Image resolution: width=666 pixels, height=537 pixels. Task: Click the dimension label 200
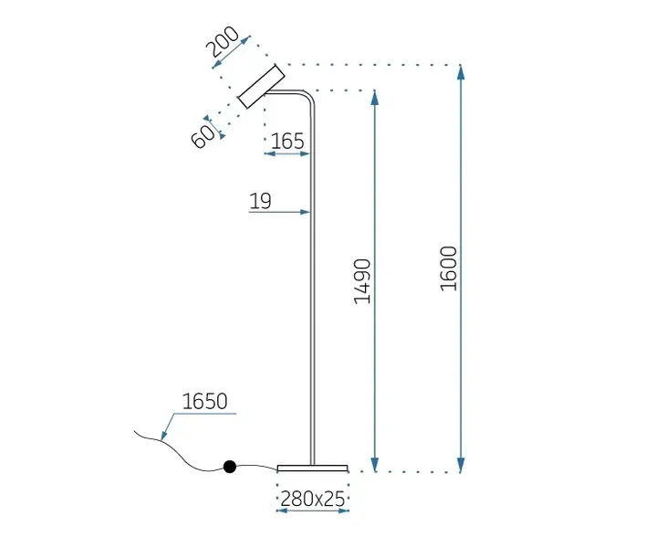[x=222, y=41]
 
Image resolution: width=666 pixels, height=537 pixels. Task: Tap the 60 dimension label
[x=203, y=136]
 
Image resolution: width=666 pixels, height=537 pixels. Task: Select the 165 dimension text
[x=287, y=142]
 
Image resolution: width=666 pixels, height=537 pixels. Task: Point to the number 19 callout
[x=260, y=201]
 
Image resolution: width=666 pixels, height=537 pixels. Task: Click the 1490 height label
[x=362, y=281]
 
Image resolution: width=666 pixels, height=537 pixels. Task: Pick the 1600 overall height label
[x=449, y=268]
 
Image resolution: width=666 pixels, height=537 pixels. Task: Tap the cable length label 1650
[x=204, y=401]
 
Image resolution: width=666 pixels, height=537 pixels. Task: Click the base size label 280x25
[x=313, y=499]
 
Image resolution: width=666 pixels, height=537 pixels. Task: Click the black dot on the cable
[x=230, y=467]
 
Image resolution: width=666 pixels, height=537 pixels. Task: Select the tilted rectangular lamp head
[x=261, y=87]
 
